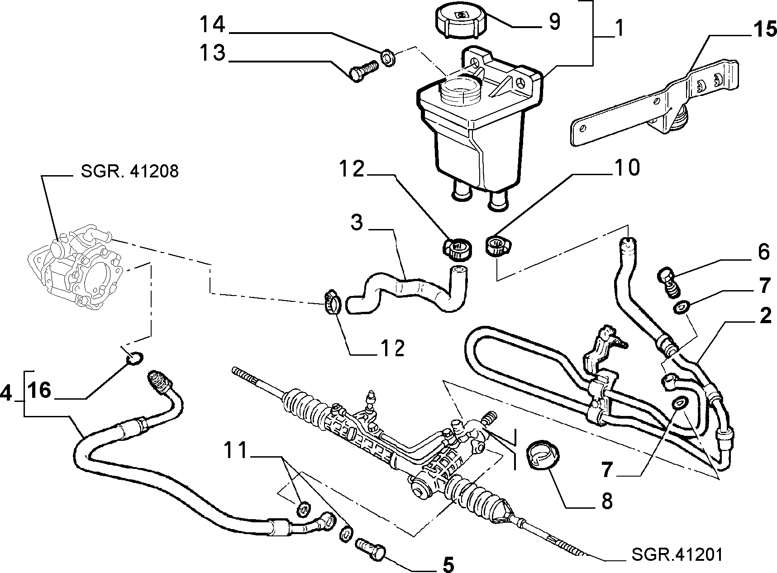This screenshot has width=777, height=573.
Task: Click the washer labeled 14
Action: pos(388,58)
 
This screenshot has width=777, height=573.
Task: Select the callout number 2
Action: pos(765,316)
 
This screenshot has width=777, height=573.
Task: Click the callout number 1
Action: pos(619,29)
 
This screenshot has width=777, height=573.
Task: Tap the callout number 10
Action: pos(626,168)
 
